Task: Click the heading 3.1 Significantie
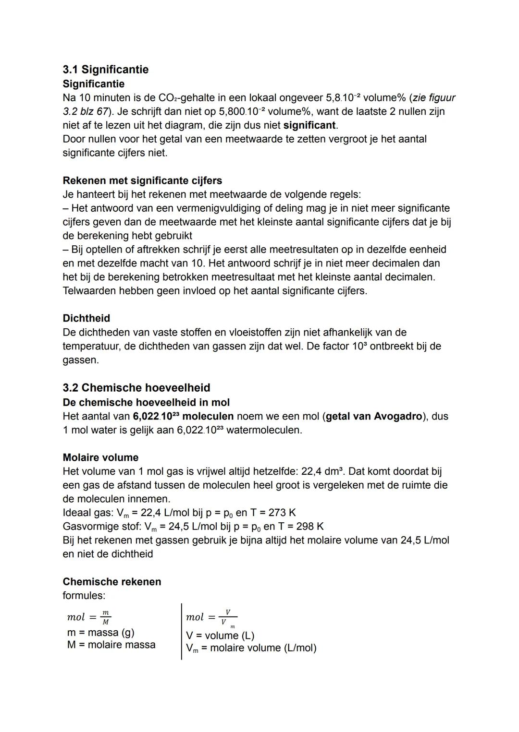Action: click(105, 70)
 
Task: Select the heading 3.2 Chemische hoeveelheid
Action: click(136, 387)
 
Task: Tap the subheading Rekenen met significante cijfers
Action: click(142, 180)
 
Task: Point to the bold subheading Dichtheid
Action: click(86, 318)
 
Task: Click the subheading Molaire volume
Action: click(100, 457)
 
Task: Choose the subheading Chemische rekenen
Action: click(112, 582)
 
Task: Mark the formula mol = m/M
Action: click(89, 617)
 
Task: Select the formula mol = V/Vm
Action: click(211, 617)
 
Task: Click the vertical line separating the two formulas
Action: click(182, 631)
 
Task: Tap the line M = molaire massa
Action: click(111, 645)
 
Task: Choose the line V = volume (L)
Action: click(220, 636)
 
